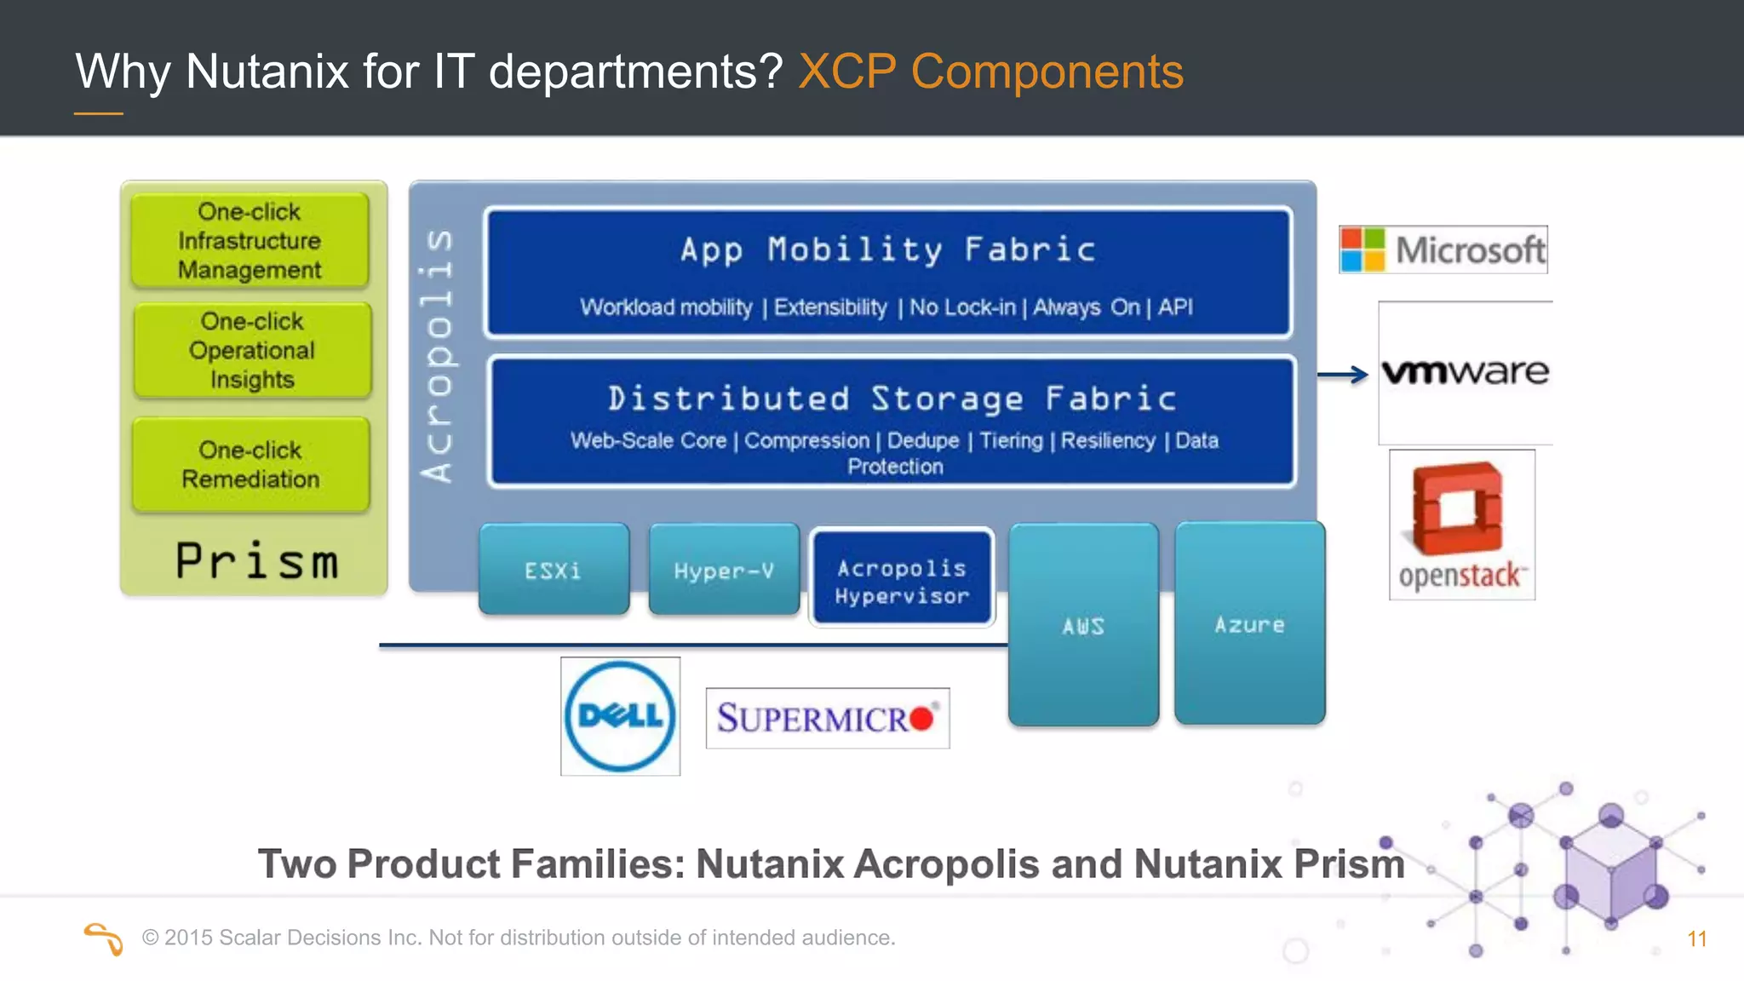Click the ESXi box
point(554,570)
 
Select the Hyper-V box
point(724,570)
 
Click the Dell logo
point(620,716)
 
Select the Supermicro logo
point(827,718)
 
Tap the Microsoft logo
point(1443,250)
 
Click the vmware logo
point(1465,372)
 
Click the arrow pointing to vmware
point(1343,374)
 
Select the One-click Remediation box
point(251,464)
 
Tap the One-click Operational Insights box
point(252,350)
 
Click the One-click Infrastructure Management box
point(250,240)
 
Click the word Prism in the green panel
point(256,561)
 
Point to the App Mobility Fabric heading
point(888,250)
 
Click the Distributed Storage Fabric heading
point(892,399)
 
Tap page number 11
point(1696,938)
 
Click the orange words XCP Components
point(990,71)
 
